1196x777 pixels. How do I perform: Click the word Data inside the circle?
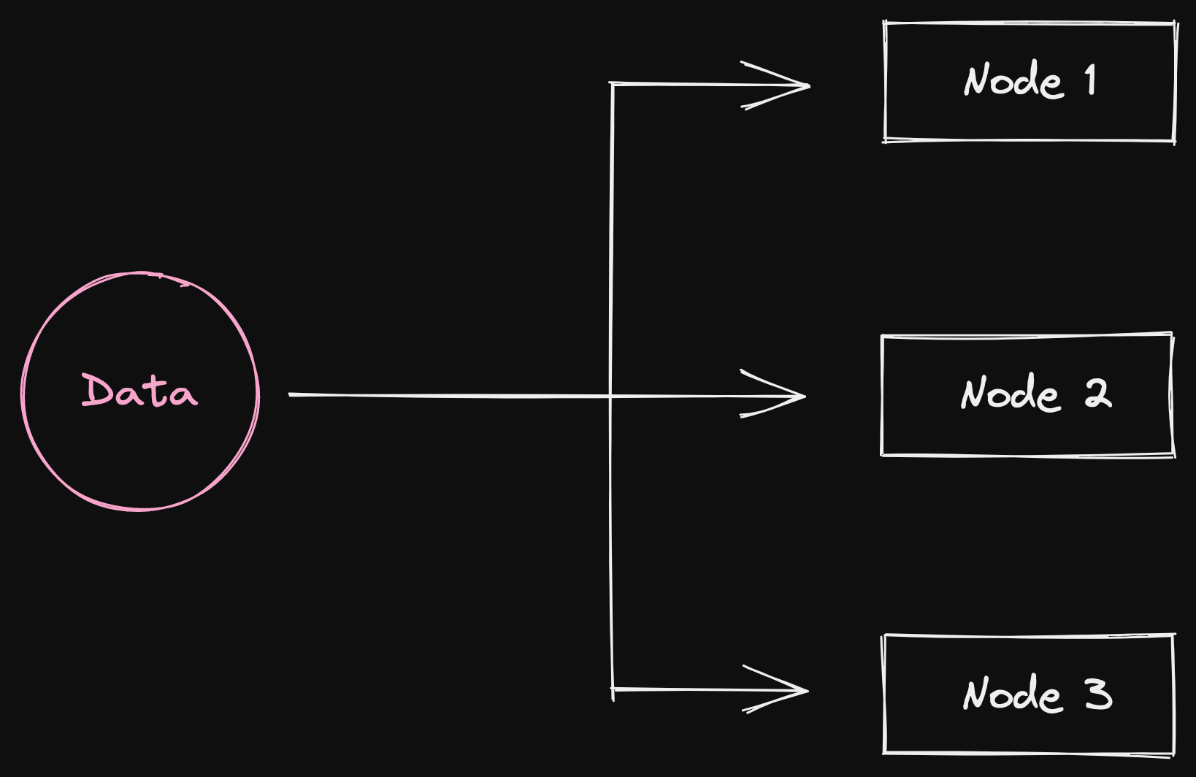tap(139, 391)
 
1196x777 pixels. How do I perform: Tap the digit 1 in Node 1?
tap(1091, 80)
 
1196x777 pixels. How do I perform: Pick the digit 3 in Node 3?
tap(1097, 694)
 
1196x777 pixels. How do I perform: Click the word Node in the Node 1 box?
tap(1013, 80)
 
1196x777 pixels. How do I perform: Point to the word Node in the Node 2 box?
tap(1010, 394)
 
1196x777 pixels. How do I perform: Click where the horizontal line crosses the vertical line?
tap(611, 396)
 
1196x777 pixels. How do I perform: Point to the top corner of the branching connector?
tap(612, 84)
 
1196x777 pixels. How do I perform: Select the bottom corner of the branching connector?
tap(613, 689)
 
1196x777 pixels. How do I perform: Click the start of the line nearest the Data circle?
tap(291, 394)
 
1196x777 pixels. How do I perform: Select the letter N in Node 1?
tap(977, 80)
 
